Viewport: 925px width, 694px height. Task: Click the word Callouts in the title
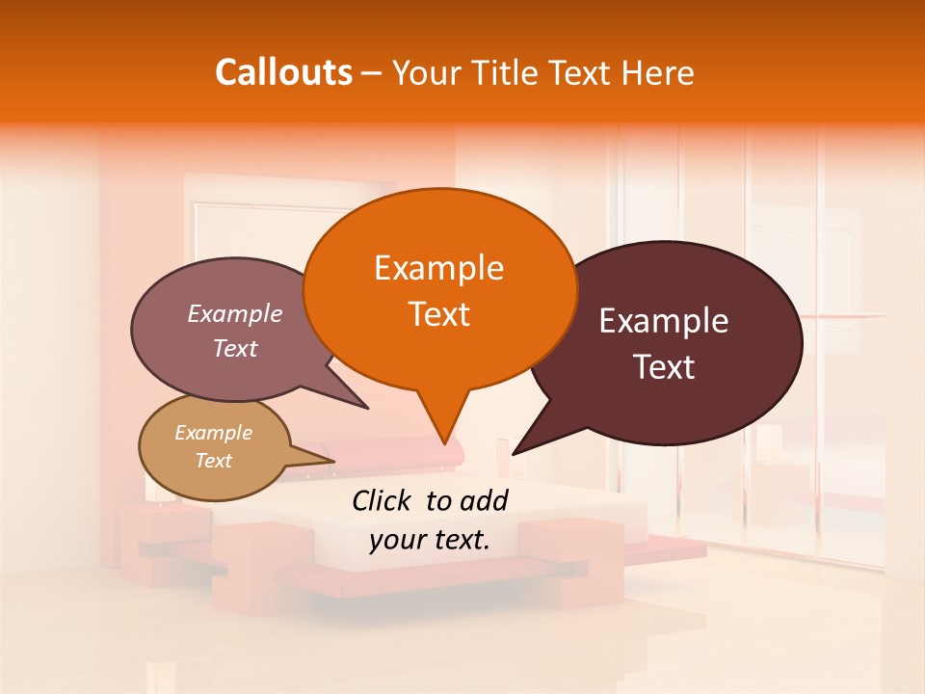pos(283,72)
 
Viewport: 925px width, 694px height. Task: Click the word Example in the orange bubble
pos(438,268)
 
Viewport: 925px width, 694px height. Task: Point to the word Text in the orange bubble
pos(438,314)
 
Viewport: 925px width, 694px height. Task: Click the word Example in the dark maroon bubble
pos(664,321)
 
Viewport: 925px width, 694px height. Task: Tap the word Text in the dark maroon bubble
pos(664,366)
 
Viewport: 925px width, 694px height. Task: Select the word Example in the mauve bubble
pos(234,313)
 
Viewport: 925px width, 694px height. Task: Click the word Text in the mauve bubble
pos(234,348)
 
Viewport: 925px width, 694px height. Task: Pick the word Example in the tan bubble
pos(213,433)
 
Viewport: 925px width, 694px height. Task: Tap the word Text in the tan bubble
pos(213,461)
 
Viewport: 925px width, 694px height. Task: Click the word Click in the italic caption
pos(383,500)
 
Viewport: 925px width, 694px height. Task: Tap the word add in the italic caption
pos(483,500)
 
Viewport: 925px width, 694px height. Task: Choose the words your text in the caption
pos(430,540)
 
